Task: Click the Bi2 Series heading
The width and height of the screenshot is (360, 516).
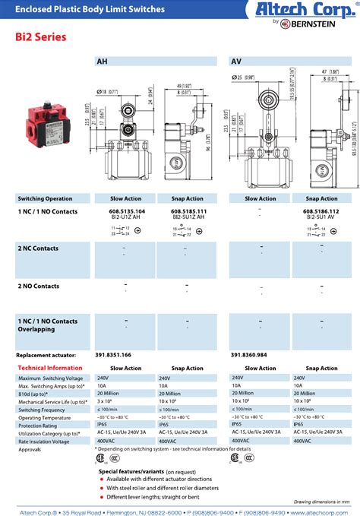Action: pos(40,36)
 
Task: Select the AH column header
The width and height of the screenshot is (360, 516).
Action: pos(102,62)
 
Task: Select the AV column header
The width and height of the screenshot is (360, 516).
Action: pos(236,62)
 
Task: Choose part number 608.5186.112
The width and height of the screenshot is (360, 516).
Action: pos(321,211)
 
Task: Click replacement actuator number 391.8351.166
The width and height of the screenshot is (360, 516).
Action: pos(113,355)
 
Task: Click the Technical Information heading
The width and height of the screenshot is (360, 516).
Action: pos(49,368)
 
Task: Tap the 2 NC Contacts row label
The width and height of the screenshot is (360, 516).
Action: pos(38,248)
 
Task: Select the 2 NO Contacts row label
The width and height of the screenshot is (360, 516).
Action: pos(38,286)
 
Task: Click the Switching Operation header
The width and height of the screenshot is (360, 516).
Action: pos(45,198)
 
